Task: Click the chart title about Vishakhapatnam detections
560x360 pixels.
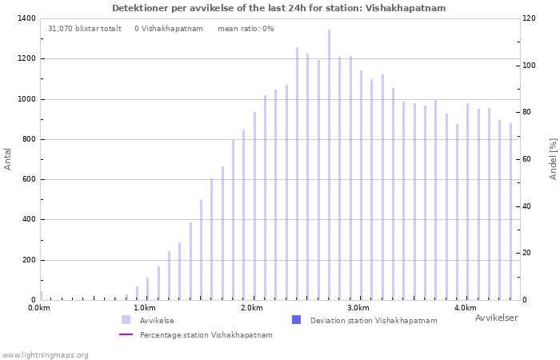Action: (278, 8)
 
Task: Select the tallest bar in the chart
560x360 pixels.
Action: (329, 164)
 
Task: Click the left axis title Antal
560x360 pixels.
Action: (8, 158)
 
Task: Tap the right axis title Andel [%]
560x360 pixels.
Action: (553, 158)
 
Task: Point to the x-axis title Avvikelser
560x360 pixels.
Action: (496, 318)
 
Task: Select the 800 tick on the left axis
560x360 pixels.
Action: (28, 139)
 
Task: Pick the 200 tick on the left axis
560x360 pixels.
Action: (28, 260)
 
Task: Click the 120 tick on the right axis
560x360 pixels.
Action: (529, 18)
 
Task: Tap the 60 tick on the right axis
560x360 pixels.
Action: (527, 159)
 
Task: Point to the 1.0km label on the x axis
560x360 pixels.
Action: (144, 308)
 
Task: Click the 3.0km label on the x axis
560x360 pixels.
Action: (358, 308)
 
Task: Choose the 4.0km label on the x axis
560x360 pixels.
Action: (465, 308)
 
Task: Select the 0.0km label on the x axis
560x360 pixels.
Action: (38, 308)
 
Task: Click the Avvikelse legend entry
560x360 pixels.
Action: (156, 321)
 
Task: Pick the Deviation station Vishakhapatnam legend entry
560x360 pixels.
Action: (373, 321)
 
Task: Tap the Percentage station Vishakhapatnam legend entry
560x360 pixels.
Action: (206, 335)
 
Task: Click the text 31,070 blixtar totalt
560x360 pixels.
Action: (85, 29)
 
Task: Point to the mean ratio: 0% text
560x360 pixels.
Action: (246, 29)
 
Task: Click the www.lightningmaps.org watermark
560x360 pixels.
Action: (45, 355)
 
